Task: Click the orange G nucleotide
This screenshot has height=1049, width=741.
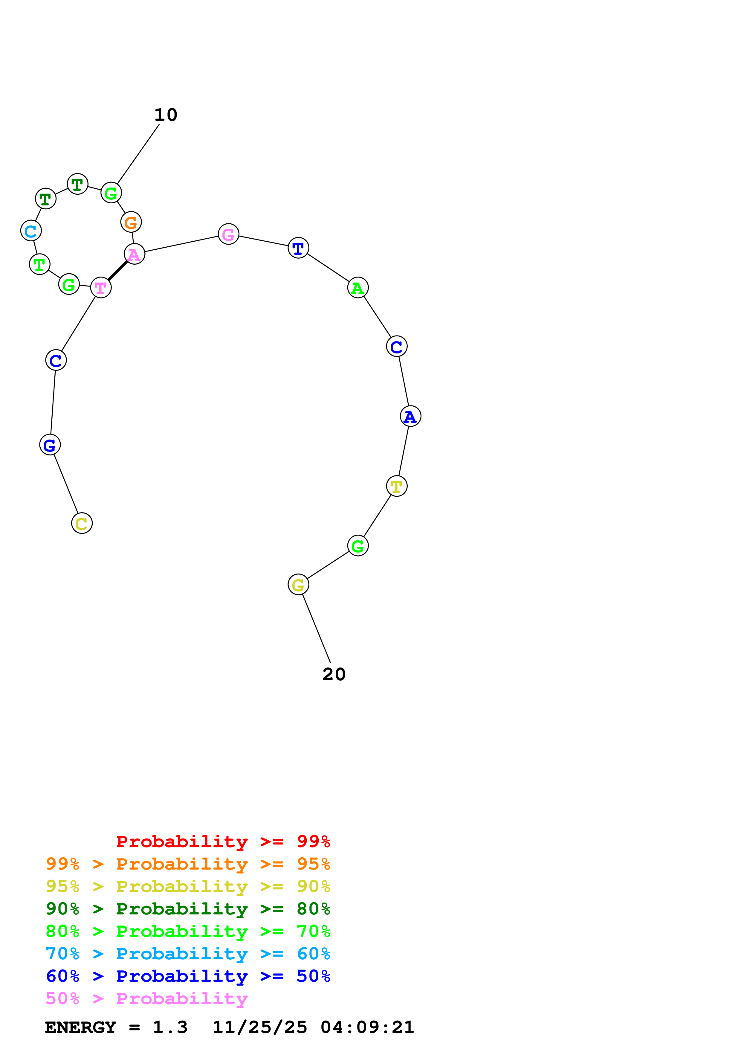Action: pos(131,222)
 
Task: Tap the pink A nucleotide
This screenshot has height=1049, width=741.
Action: pos(134,254)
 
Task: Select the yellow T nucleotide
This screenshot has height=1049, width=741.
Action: pos(396,486)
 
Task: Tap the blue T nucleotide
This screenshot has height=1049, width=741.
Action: pos(298,248)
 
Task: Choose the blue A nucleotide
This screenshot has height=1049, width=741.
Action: pos(410,416)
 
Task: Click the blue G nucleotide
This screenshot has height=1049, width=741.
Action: pos(50,445)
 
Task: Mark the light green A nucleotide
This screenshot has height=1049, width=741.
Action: pos(357,288)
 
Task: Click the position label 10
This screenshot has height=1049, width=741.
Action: pos(166,115)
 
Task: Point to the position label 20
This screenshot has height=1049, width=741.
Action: pos(334,674)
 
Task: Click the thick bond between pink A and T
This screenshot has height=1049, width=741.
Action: pos(117,271)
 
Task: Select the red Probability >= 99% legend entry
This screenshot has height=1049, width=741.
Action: pos(223,841)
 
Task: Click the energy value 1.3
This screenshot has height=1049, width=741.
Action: pos(170,1027)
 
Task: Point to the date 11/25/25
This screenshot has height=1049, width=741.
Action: pos(260,1027)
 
